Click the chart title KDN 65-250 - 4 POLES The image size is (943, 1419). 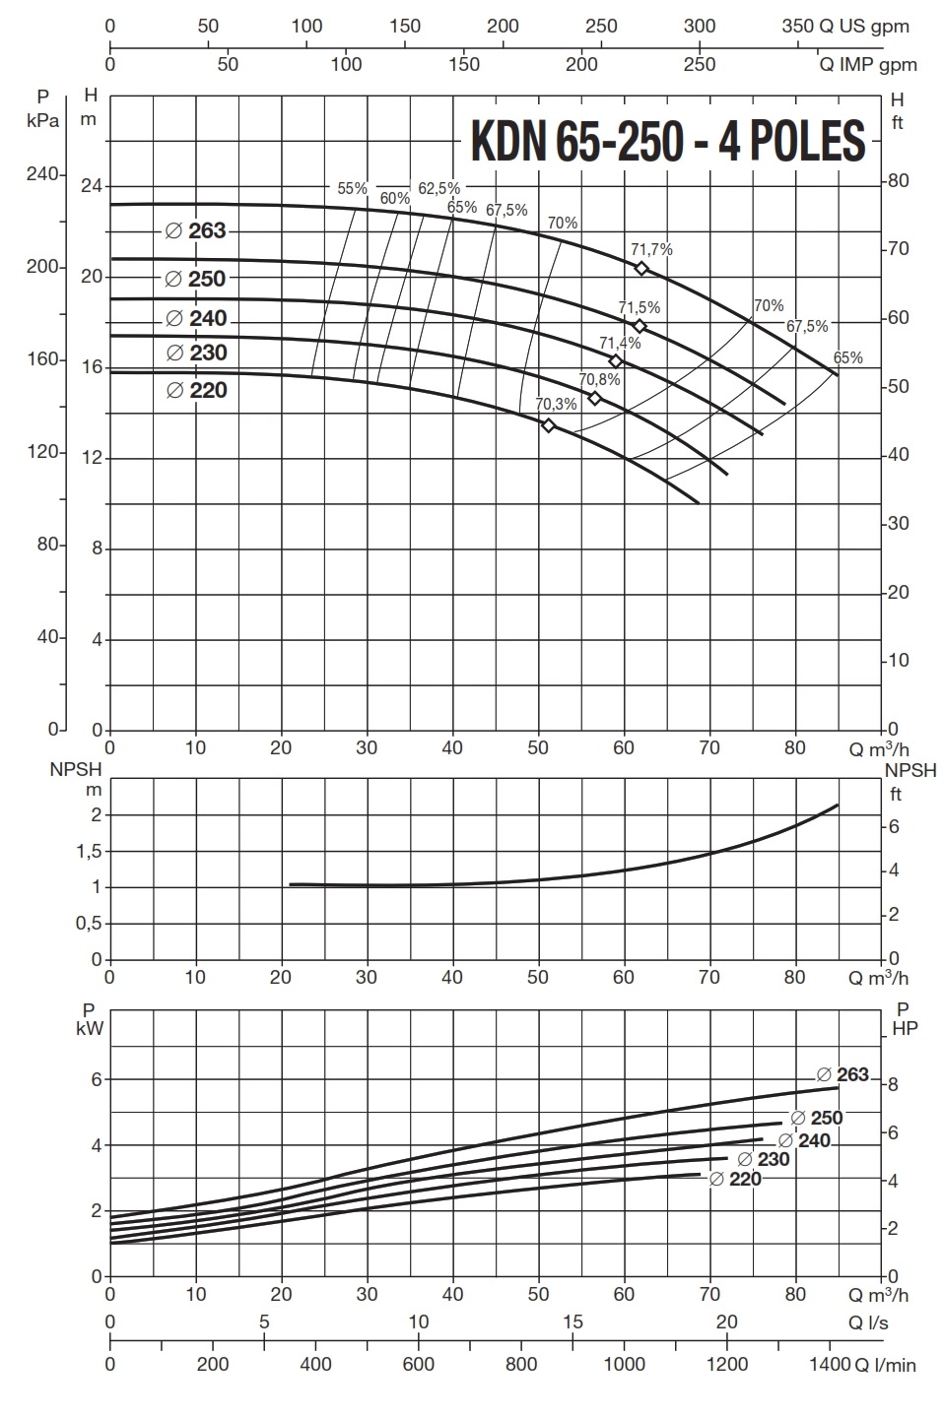click(668, 141)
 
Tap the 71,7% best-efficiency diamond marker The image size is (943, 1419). click(641, 269)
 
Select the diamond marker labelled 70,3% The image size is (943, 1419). click(549, 425)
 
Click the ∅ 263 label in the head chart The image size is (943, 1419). click(196, 230)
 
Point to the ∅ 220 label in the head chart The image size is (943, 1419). click(197, 390)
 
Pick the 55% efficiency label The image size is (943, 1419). click(352, 188)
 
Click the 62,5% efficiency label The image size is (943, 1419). click(438, 188)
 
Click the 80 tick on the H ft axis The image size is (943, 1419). click(899, 181)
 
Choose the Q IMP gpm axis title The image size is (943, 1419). click(868, 65)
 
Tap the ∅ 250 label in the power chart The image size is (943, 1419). click(817, 1119)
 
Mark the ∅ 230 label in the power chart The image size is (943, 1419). click(764, 1159)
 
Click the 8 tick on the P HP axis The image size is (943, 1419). click(893, 1084)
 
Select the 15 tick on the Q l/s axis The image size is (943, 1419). click(573, 1322)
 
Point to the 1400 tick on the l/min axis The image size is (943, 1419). click(830, 1364)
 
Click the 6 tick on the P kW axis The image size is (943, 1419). click(97, 1079)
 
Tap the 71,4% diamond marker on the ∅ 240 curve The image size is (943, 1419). click(616, 361)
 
